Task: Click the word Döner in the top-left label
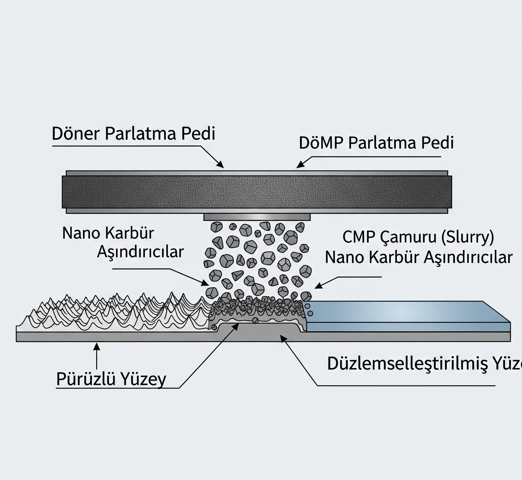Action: [x=76, y=134]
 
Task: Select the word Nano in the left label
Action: [x=81, y=233]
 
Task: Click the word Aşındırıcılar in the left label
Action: [x=140, y=252]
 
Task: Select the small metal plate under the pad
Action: [x=257, y=217]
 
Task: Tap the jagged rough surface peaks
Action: [x=117, y=312]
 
